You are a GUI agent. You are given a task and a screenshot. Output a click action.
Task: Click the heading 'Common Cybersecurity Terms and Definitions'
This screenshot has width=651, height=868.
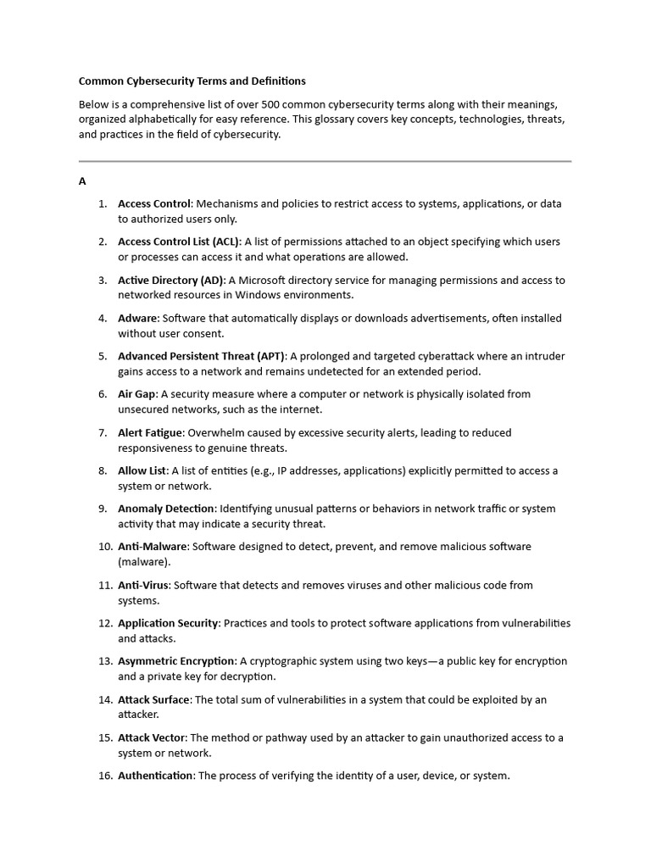[192, 81]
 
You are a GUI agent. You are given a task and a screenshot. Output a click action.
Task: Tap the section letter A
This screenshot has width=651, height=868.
[82, 181]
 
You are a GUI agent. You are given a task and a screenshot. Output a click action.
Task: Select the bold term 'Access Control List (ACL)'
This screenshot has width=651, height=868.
[179, 242]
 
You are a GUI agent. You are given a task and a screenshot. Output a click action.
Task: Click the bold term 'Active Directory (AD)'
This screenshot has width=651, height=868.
[171, 280]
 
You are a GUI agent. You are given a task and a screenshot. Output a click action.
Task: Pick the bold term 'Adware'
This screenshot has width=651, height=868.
[137, 318]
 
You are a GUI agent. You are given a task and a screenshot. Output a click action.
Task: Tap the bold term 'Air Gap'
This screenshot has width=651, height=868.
[136, 394]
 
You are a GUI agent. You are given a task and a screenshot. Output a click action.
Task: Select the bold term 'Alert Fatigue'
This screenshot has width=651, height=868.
[150, 432]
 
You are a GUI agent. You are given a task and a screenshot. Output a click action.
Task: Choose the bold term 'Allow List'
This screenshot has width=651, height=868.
[142, 470]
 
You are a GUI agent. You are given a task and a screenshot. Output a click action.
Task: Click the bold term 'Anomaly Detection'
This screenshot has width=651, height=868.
[166, 509]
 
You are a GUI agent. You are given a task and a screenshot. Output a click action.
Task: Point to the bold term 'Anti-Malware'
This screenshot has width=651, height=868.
[152, 547]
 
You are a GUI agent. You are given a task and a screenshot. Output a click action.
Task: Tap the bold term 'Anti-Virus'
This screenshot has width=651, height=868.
[143, 585]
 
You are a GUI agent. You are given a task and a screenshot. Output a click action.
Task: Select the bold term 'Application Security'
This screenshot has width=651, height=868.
[168, 623]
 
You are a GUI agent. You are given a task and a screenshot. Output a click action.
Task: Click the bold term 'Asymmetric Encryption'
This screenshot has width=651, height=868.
[176, 661]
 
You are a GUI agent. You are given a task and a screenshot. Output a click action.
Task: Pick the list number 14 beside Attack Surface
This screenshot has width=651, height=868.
[104, 699]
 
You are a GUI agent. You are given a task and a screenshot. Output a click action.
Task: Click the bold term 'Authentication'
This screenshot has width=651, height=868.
[155, 776]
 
